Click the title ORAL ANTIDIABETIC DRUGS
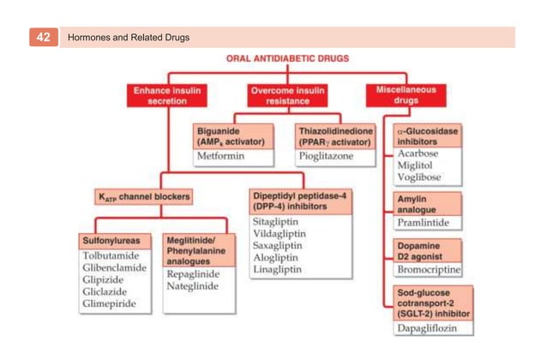287,60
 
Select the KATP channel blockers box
143,197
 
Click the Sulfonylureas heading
111,240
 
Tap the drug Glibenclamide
114,267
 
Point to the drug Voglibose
419,177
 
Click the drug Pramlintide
424,223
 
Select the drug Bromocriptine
429,270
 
